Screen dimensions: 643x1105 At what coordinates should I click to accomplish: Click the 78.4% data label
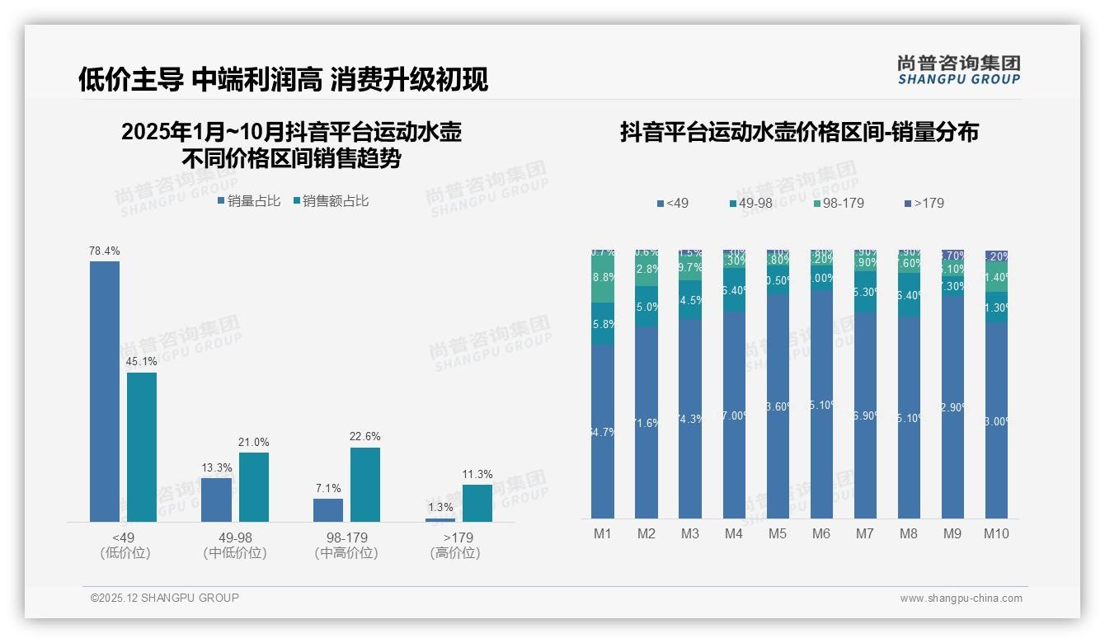pyautogui.click(x=105, y=251)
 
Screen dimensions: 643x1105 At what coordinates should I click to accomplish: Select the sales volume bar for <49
pyautogui.click(x=105, y=392)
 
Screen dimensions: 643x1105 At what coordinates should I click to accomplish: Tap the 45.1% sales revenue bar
pyautogui.click(x=142, y=447)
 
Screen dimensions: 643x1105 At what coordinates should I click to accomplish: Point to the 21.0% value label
pyautogui.click(x=254, y=442)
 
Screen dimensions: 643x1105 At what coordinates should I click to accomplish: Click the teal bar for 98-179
pyautogui.click(x=365, y=485)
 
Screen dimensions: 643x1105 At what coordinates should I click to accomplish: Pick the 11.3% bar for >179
pyautogui.click(x=477, y=503)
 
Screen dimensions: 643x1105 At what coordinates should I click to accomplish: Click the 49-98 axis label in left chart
pyautogui.click(x=235, y=537)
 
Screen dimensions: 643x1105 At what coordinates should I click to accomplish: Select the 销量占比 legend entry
pyautogui.click(x=249, y=200)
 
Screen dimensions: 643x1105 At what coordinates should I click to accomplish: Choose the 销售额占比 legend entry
pyautogui.click(x=331, y=200)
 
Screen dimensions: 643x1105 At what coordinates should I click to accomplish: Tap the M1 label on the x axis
pyautogui.click(x=603, y=533)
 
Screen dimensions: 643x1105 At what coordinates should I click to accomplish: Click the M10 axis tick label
pyautogui.click(x=996, y=533)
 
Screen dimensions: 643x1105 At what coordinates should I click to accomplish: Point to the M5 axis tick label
pyautogui.click(x=778, y=533)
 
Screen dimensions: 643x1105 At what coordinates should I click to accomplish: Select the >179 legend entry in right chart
pyautogui.click(x=925, y=203)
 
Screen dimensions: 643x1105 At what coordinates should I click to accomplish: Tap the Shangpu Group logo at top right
pyautogui.click(x=959, y=70)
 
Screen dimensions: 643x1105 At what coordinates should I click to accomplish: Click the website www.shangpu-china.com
pyautogui.click(x=961, y=598)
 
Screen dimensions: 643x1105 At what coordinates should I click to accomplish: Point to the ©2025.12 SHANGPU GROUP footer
pyautogui.click(x=165, y=598)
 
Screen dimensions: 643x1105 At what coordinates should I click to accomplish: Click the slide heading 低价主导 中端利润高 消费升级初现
pyautogui.click(x=283, y=79)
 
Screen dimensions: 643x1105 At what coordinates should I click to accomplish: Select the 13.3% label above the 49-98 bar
pyautogui.click(x=217, y=467)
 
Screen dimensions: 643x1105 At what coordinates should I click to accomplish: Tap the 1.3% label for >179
pyautogui.click(x=440, y=507)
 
